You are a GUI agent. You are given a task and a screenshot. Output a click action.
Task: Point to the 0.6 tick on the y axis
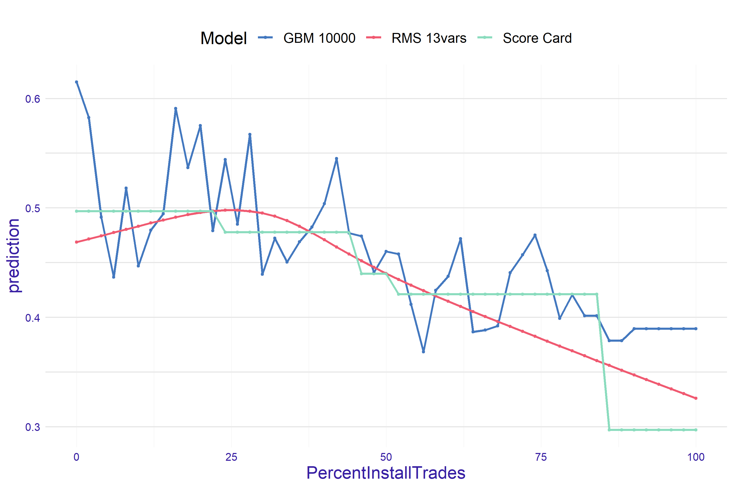click(x=33, y=99)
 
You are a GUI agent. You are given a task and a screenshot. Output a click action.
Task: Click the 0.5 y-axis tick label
click(x=33, y=208)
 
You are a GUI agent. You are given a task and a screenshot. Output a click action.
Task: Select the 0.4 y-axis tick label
click(x=33, y=318)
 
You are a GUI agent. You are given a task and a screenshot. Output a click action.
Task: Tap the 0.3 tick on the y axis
click(x=33, y=427)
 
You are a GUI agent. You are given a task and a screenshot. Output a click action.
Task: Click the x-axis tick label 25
click(x=231, y=457)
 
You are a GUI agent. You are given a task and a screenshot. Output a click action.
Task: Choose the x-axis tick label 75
click(x=541, y=457)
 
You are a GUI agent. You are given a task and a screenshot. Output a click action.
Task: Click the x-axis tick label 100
click(x=696, y=457)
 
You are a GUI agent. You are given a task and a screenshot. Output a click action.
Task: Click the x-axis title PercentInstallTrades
click(x=386, y=473)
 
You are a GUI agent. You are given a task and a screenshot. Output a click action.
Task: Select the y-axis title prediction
click(x=14, y=256)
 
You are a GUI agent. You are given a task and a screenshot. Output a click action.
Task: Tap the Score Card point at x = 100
click(x=696, y=430)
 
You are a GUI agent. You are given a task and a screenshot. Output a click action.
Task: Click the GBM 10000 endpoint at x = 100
click(x=696, y=329)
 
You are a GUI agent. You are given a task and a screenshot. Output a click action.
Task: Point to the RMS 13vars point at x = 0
click(x=77, y=242)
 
